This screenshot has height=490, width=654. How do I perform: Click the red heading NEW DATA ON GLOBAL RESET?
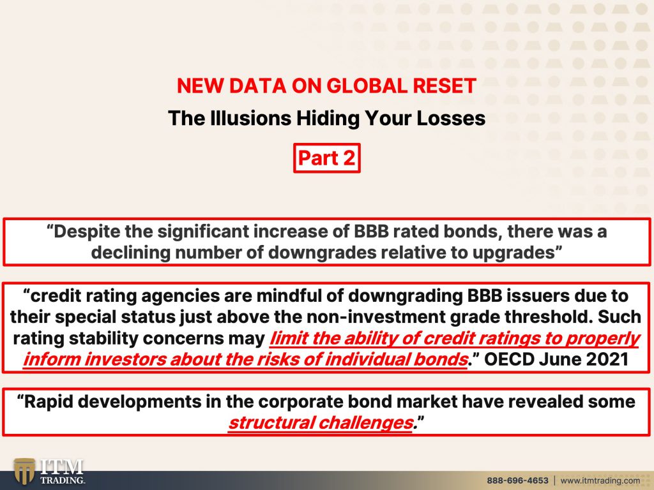point(326,86)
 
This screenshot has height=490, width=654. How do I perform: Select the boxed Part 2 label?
point(326,158)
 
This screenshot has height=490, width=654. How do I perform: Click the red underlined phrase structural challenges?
point(321,423)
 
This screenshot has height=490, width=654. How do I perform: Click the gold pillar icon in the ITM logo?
point(24,471)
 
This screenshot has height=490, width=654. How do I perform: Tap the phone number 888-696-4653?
point(517,480)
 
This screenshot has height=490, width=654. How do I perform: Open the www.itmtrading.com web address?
point(600,480)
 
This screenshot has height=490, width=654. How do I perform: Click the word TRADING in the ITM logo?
point(62,480)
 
